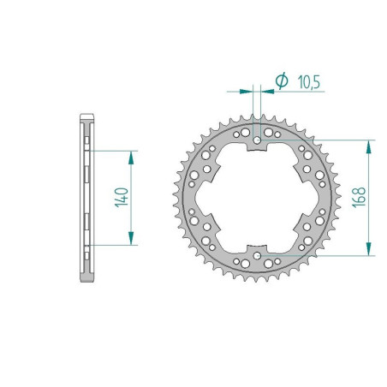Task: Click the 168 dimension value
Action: tap(358, 197)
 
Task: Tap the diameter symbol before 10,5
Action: tap(282, 81)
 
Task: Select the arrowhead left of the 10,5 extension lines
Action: tap(249, 87)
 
